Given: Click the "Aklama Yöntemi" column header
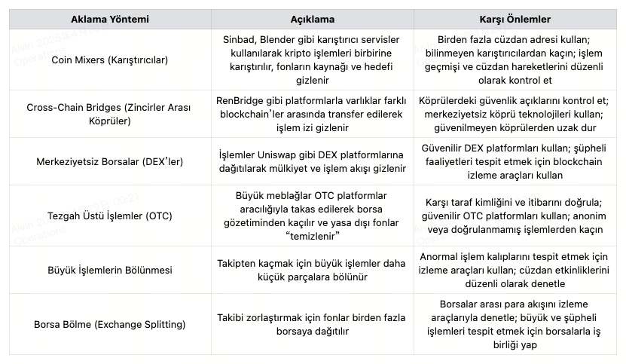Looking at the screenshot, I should (x=110, y=18).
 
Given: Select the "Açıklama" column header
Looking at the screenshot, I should (x=312, y=18).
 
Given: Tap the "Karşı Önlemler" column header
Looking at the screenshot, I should (x=515, y=18).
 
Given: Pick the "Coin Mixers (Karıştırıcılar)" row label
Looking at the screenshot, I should (x=110, y=60).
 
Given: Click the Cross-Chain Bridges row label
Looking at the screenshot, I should (x=110, y=113).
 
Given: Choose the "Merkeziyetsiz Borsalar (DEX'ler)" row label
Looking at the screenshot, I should (x=110, y=161).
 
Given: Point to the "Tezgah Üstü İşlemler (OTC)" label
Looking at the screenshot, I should (x=110, y=216).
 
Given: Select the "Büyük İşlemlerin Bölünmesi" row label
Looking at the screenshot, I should (x=110, y=270).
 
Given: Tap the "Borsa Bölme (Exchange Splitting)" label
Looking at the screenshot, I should (x=110, y=324).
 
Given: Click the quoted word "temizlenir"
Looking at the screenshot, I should (x=313, y=237).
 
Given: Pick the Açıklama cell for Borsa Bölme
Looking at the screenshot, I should (x=312, y=324).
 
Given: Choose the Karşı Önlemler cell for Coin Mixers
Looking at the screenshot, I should (x=515, y=60).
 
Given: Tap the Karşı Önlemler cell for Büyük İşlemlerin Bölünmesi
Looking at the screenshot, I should (x=515, y=270).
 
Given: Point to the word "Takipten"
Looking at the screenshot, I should (x=240, y=263).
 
